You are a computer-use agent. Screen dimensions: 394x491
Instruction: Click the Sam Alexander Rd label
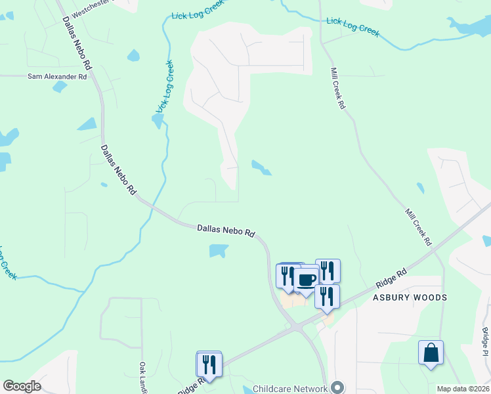[57, 77]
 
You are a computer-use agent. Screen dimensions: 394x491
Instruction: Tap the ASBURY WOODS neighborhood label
[410, 297]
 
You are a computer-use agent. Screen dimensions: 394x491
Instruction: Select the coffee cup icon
[305, 280]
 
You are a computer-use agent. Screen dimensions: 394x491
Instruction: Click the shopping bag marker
[431, 353]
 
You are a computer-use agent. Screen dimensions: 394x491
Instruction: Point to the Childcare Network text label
[289, 389]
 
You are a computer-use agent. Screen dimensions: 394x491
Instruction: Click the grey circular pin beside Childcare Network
[338, 387]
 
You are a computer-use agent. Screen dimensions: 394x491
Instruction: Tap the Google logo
[22, 386]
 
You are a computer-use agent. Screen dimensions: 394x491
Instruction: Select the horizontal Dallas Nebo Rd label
[226, 230]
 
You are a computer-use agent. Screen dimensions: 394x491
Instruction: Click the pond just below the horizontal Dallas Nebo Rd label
[218, 250]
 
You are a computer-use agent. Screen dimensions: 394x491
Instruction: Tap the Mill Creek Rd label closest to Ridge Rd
[418, 227]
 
